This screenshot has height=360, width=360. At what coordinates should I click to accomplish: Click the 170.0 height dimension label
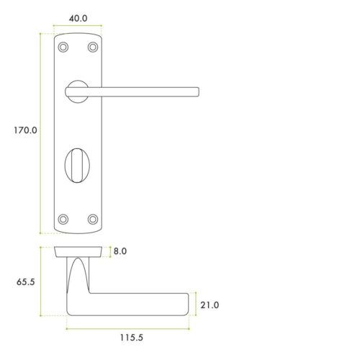pos(24,131)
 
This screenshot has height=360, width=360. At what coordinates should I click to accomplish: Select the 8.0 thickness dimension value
pos(120,252)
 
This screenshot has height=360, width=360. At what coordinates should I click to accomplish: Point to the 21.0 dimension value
pos(210,305)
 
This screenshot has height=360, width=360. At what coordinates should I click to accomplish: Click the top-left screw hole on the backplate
pos(64,47)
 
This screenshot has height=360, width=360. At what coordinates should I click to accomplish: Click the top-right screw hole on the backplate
pos(92,47)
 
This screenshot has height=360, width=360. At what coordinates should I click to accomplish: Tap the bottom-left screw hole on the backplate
pos(64,218)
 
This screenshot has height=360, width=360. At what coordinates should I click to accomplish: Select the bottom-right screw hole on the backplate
pos(92,218)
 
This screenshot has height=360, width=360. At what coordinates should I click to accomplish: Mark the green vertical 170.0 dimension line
pos(40,133)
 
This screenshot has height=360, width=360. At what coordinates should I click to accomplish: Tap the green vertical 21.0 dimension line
pos(195,305)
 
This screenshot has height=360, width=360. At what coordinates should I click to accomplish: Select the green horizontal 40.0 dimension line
pos(78,27)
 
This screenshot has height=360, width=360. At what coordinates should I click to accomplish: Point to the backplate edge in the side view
pos(78,251)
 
